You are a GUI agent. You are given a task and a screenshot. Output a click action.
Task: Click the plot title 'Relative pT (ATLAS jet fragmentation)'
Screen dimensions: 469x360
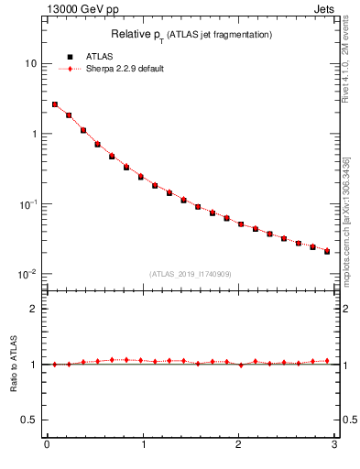pyautogui.click(x=191, y=34)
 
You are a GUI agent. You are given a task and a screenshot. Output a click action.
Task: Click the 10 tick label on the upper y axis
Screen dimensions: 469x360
pyautogui.click(x=31, y=63)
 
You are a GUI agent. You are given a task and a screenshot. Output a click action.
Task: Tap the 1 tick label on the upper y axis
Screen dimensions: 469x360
pyautogui.click(x=33, y=134)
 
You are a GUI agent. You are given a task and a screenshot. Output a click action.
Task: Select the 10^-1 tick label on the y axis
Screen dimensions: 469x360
pyautogui.click(x=27, y=203)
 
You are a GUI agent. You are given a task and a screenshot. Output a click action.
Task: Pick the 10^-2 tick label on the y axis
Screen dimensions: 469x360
pyautogui.click(x=27, y=274)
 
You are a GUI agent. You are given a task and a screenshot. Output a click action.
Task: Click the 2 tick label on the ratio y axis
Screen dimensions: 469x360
pyautogui.click(x=33, y=309)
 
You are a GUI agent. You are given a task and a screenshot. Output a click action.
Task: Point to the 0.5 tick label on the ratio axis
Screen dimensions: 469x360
pyautogui.click(x=29, y=420)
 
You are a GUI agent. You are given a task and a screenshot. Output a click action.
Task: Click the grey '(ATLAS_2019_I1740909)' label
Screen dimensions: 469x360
pyautogui.click(x=190, y=274)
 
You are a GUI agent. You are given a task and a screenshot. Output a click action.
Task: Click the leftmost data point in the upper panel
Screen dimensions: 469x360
pyautogui.click(x=55, y=104)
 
